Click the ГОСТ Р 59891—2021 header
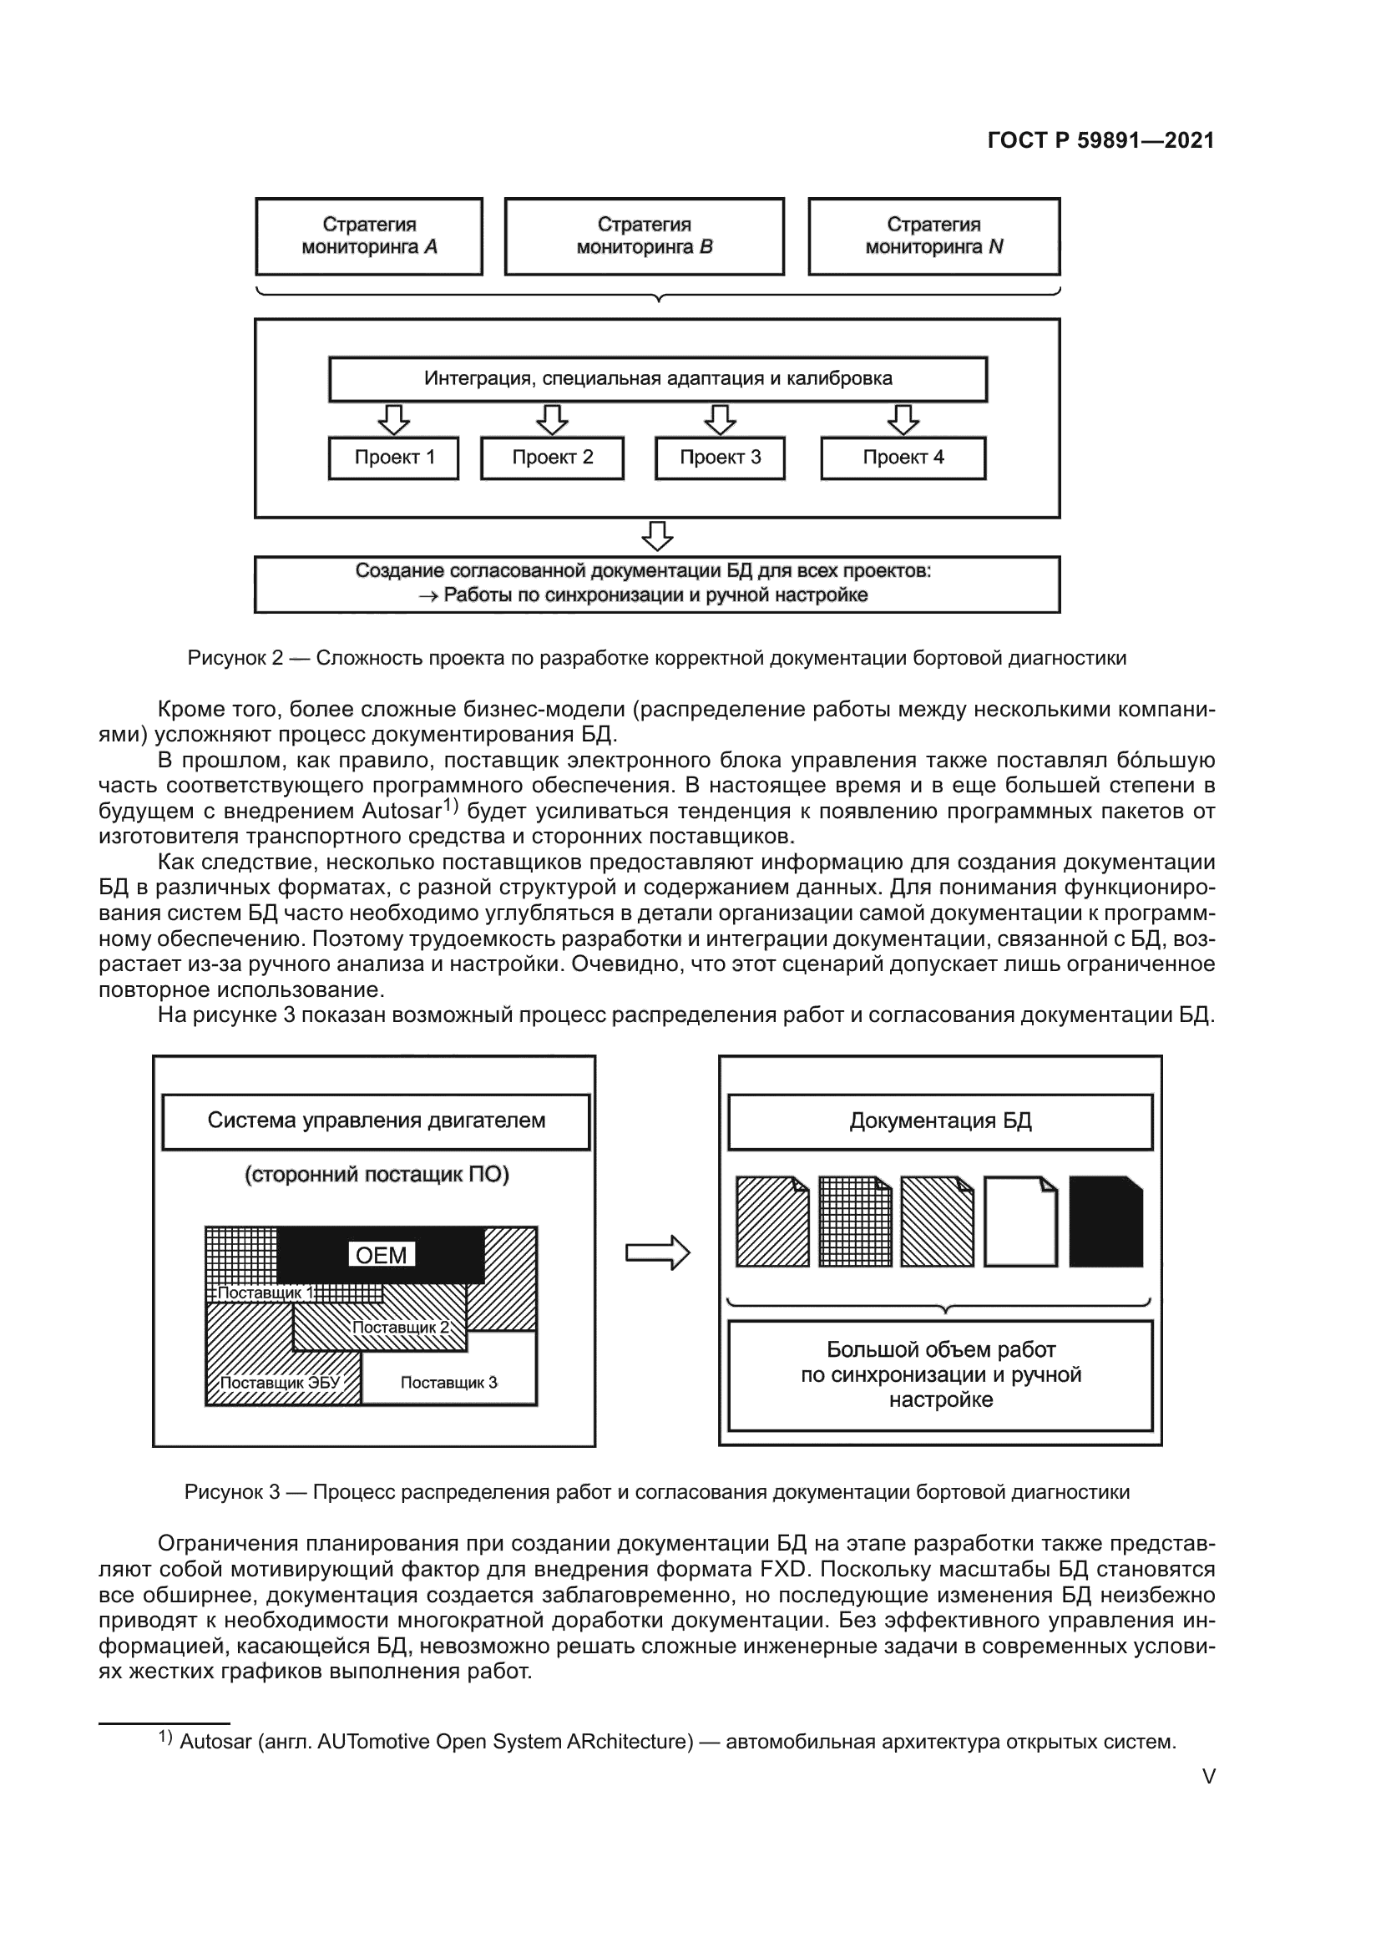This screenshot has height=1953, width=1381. pyautogui.click(x=1100, y=140)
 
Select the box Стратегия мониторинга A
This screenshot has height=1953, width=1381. pyautogui.click(x=369, y=236)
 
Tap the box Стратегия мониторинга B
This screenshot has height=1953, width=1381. pyautogui.click(x=644, y=236)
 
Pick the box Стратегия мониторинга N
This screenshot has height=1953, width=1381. pyautogui.click(x=933, y=236)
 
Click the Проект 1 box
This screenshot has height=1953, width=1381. pyautogui.click(x=394, y=458)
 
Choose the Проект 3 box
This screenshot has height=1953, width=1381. pyautogui.click(x=720, y=458)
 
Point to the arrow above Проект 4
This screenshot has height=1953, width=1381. pyautogui.click(x=903, y=419)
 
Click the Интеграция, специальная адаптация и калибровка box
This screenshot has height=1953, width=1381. pyautogui.click(x=657, y=378)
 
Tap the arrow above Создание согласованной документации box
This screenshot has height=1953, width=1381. pyautogui.click(x=657, y=536)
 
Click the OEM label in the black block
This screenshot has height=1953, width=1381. pyautogui.click(x=381, y=1255)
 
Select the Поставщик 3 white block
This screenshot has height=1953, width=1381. pyautogui.click(x=449, y=1382)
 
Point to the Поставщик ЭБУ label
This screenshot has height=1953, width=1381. pyautogui.click(x=280, y=1382)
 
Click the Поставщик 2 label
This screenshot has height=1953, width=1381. pyautogui.click(x=400, y=1327)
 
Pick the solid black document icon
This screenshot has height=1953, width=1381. pyautogui.click(x=1105, y=1222)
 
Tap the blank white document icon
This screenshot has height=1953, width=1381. pyautogui.click(x=1020, y=1222)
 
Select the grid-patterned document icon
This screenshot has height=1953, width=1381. pyautogui.click(x=855, y=1222)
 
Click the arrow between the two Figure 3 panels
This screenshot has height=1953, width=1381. pyautogui.click(x=657, y=1252)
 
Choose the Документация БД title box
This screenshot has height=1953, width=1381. pyautogui.click(x=939, y=1121)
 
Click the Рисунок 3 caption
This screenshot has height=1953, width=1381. pyautogui.click(x=656, y=1492)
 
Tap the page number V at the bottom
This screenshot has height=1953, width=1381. pyautogui.click(x=1208, y=1776)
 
